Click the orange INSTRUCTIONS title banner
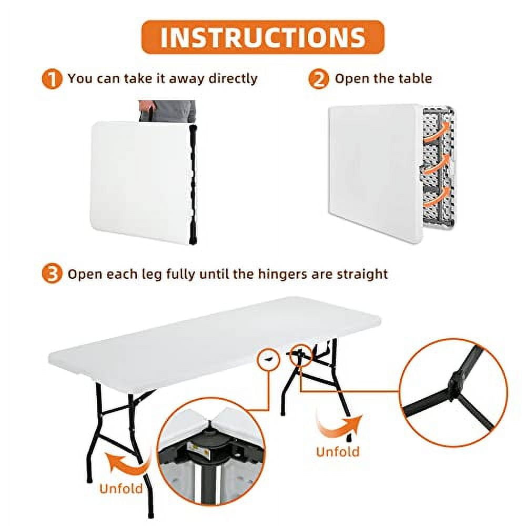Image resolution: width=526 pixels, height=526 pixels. (x=263, y=37)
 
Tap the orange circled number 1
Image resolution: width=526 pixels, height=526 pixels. (x=52, y=79)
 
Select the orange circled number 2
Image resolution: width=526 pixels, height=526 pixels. (x=318, y=79)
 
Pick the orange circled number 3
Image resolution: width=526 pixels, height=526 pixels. (x=52, y=274)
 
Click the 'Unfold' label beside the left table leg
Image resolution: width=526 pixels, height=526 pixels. (x=121, y=488)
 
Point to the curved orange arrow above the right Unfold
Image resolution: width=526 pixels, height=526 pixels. (x=339, y=424)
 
